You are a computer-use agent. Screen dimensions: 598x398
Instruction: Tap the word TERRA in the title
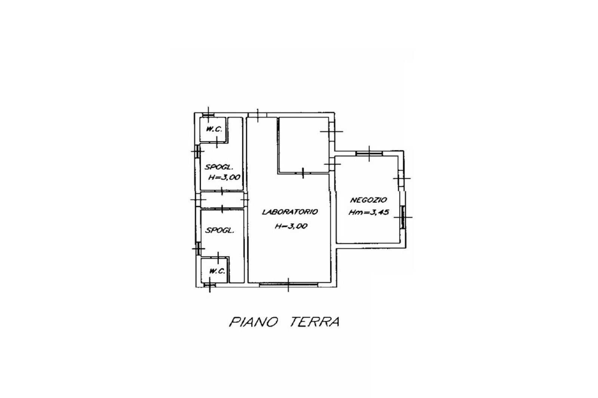pyautogui.click(x=314, y=322)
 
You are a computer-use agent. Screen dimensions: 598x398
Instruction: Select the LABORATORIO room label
pyautogui.click(x=290, y=212)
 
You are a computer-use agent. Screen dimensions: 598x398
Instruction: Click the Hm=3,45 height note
pyautogui.click(x=369, y=212)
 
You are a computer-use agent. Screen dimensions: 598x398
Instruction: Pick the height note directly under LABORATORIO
pyautogui.click(x=291, y=226)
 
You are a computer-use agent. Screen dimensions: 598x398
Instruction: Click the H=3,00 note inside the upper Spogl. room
pyautogui.click(x=224, y=177)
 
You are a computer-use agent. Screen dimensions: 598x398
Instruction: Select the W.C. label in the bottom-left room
pyautogui.click(x=217, y=271)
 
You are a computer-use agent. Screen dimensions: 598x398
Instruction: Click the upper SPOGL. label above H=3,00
pyautogui.click(x=219, y=168)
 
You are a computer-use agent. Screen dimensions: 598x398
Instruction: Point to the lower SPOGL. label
pyautogui.click(x=219, y=230)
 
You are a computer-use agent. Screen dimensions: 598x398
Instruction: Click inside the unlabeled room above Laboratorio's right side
pyautogui.click(x=303, y=145)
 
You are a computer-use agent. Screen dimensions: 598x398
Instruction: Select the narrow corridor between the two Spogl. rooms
pyautogui.click(x=222, y=200)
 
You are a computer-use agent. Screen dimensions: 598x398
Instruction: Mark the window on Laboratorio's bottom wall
pyautogui.click(x=289, y=284)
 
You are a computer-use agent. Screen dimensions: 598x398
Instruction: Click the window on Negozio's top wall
pyautogui.click(x=369, y=153)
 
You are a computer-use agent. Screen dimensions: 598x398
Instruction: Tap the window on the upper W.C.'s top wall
pyautogui.click(x=208, y=115)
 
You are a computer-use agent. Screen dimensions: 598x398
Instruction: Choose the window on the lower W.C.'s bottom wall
pyautogui.click(x=210, y=285)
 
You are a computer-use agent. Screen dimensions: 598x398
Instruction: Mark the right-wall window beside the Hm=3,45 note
pyautogui.click(x=403, y=217)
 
